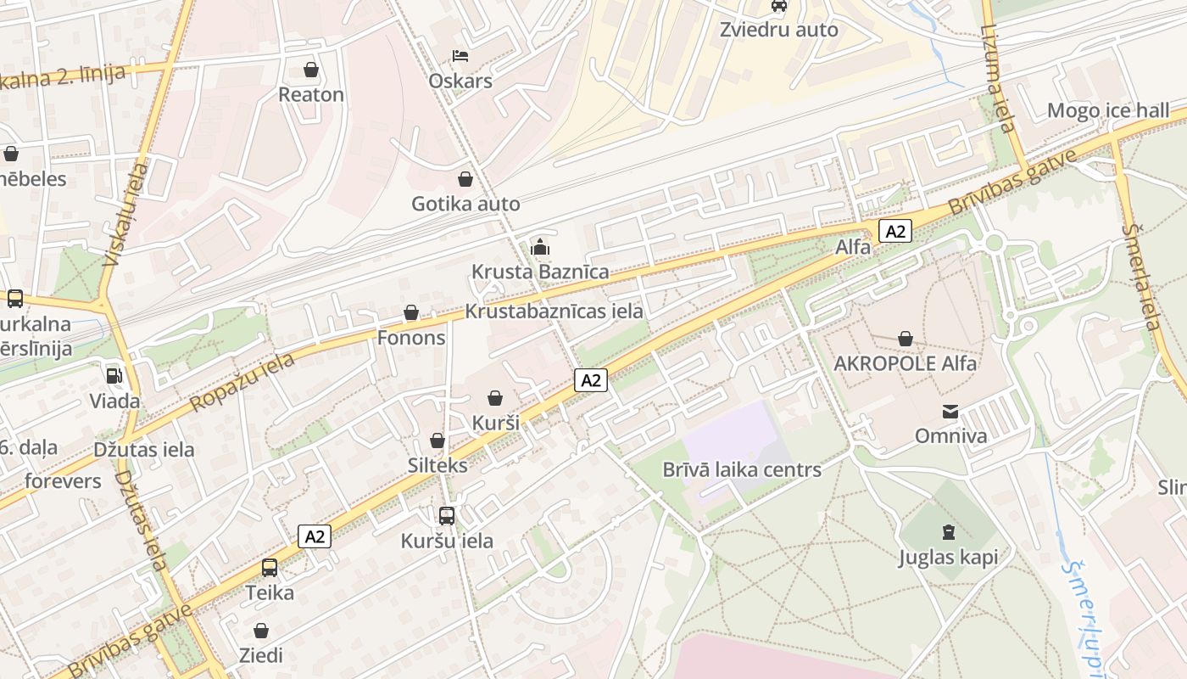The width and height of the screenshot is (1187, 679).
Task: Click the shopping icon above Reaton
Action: pyautogui.click(x=311, y=69)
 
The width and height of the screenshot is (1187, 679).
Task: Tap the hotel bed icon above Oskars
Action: pyautogui.click(x=460, y=56)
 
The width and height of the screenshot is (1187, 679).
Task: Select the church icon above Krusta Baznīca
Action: pyautogui.click(x=540, y=247)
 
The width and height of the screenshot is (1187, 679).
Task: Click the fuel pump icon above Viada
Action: pyautogui.click(x=114, y=375)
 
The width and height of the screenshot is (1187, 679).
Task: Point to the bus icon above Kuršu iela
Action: pyautogui.click(x=447, y=515)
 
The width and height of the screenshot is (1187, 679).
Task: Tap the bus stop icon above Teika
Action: pyautogui.click(x=270, y=567)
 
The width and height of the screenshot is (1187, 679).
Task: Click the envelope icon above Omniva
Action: pyautogui.click(x=950, y=412)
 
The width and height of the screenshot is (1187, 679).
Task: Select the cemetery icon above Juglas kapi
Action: pyautogui.click(x=948, y=532)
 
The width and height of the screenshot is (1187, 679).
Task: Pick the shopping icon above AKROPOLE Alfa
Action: pyautogui.click(x=906, y=339)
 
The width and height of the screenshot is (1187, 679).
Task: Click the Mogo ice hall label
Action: pyautogui.click(x=1107, y=110)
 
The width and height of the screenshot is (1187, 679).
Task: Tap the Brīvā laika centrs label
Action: pyautogui.click(x=742, y=469)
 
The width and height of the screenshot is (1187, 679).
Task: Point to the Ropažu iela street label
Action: pyautogui.click(x=242, y=382)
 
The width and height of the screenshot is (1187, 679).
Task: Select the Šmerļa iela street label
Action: pyautogui.click(x=1140, y=277)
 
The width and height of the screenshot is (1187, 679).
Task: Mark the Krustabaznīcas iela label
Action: pyautogui.click(x=554, y=311)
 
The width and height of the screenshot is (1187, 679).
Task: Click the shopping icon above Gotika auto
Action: pyautogui.click(x=465, y=179)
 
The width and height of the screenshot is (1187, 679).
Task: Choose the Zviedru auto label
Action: pyautogui.click(x=778, y=30)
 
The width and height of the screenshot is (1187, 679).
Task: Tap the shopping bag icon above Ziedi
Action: pyautogui.click(x=261, y=631)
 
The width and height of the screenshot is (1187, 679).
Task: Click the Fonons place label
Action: pyautogui.click(x=411, y=338)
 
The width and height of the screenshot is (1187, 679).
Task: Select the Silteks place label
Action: pyautogui.click(x=437, y=465)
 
